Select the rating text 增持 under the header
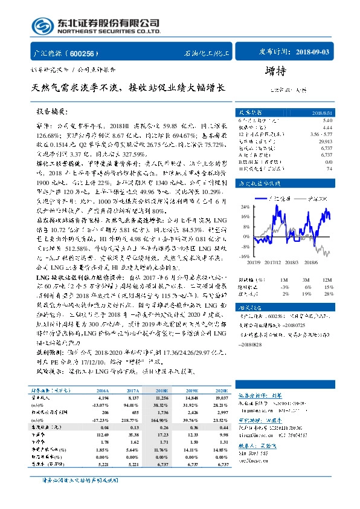click(x=276, y=71)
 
